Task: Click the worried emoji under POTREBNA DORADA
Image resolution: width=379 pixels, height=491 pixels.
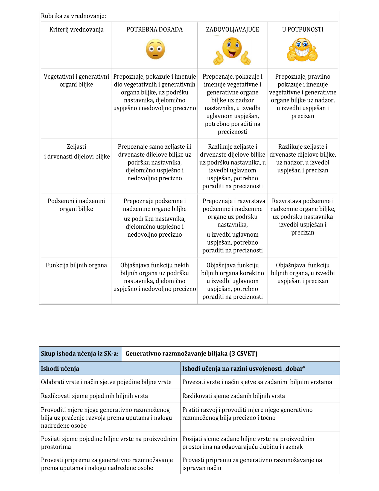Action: [x=155, y=49]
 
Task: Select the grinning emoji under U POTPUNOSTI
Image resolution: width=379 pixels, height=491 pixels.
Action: [x=302, y=50]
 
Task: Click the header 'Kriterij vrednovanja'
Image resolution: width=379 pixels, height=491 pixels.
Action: [x=76, y=30]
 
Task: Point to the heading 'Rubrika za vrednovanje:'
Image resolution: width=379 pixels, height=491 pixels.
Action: [x=73, y=16]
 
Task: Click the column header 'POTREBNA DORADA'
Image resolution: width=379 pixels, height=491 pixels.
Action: [x=154, y=30]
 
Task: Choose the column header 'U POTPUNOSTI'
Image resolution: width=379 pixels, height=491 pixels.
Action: [x=303, y=30]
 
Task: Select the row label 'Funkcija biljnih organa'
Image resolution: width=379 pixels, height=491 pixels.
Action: [x=76, y=265]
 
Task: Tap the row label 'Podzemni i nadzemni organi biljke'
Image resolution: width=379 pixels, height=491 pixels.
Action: [x=76, y=205]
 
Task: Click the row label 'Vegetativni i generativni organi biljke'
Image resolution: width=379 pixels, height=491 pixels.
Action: [x=76, y=81]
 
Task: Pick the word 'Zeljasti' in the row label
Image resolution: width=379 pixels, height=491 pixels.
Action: [x=76, y=147]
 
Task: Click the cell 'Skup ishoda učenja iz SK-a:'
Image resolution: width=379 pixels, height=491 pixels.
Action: [x=80, y=354]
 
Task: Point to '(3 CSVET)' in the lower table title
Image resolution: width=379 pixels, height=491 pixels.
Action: [x=243, y=354]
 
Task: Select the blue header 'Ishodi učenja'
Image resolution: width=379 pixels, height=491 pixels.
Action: [x=60, y=369]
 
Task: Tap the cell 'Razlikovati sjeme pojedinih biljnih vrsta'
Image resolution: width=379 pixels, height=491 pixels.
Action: [x=94, y=396]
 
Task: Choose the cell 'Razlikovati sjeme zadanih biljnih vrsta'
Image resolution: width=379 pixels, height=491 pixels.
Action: [x=234, y=396]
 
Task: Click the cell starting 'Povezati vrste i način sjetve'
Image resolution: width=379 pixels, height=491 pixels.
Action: [x=257, y=382]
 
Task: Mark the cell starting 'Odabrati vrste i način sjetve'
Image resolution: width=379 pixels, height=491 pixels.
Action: [x=106, y=382]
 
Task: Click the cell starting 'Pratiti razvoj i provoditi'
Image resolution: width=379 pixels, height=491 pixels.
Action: [x=247, y=414]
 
